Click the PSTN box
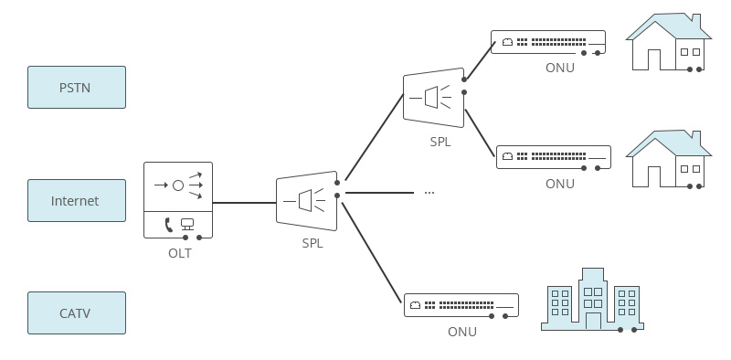point(77,88)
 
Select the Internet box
point(77,201)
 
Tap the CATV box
point(77,313)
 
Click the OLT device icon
point(178,200)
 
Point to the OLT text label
point(179,253)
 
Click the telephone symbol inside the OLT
point(168,224)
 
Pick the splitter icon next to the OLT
point(307,201)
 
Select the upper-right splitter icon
point(433,96)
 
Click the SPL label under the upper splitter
point(440,143)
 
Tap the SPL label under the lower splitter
point(313,244)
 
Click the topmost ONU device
point(548,42)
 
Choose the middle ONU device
point(554,157)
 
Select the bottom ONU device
point(461,305)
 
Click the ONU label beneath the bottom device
point(461,332)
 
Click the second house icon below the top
point(668,159)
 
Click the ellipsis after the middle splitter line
point(429,193)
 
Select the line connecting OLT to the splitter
point(244,203)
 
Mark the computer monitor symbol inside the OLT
point(188,224)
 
